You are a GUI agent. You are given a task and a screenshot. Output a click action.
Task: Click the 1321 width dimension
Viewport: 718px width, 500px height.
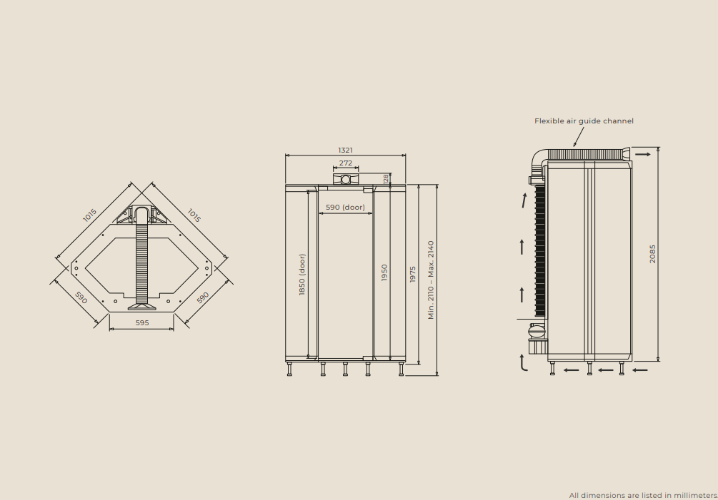click(345, 150)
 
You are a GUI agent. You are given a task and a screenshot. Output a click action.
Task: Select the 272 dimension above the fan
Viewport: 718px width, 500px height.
click(346, 163)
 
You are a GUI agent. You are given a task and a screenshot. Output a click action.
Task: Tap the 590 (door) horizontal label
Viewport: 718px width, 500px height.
click(345, 207)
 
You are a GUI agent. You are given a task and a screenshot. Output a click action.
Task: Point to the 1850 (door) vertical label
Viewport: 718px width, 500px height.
click(301, 275)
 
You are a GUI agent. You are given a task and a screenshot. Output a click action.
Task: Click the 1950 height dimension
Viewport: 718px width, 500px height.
click(384, 272)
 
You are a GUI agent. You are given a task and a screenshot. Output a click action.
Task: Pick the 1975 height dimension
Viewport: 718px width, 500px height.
click(412, 274)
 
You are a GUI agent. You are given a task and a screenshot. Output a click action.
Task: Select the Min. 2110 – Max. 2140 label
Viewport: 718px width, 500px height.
click(431, 280)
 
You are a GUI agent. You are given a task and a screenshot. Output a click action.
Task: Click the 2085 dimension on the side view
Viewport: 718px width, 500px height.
click(652, 254)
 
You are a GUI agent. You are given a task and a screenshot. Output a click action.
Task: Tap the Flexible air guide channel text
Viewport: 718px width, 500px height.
click(584, 121)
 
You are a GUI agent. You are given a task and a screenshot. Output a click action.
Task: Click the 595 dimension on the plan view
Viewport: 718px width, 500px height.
click(142, 322)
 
